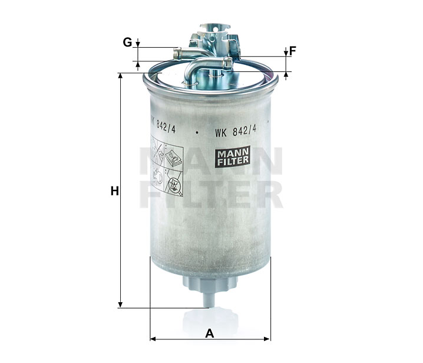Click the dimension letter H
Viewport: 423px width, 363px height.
115,191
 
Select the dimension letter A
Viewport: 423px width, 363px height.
210,333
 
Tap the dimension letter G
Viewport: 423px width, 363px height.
127,42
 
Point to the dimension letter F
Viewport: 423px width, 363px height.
293,51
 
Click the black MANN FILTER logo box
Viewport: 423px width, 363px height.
233,156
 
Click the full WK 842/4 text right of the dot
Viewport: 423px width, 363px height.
236,131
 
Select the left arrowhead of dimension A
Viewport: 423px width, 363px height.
153,339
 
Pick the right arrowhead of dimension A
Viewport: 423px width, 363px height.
267,339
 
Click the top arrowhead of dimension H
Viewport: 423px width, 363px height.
121,76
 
